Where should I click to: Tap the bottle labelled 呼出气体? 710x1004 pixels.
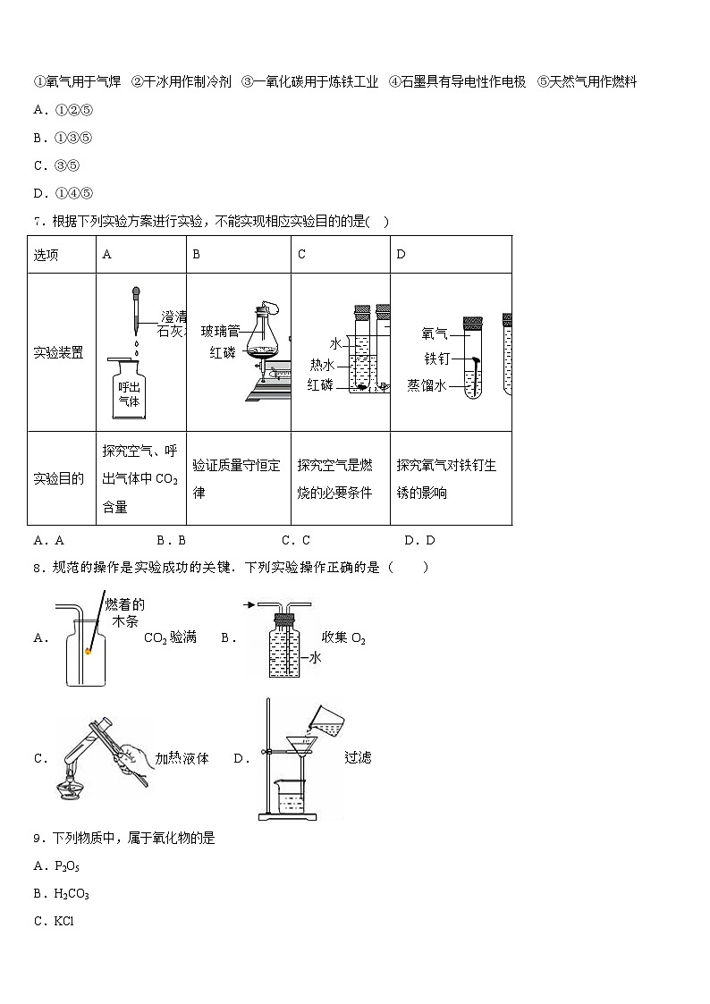[130, 391]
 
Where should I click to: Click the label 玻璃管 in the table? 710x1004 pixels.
[218, 331]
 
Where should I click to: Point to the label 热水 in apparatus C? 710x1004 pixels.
[322, 364]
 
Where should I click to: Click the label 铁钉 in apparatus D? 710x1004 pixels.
[435, 359]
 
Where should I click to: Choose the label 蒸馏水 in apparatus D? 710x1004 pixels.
[427, 385]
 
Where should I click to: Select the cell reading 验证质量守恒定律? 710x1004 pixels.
[237, 478]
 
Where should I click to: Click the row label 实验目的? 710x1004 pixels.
[59, 478]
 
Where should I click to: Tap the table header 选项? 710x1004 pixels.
[46, 255]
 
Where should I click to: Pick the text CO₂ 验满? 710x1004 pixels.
[170, 637]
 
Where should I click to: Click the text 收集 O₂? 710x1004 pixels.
[344, 637]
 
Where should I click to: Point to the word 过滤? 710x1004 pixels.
[358, 757]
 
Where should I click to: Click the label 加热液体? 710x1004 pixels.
[182, 758]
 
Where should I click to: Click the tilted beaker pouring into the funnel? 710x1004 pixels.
[326, 720]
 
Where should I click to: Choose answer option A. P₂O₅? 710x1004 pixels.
[55, 865]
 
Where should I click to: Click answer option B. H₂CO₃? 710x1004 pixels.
[60, 893]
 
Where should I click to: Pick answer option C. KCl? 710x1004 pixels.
[53, 921]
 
